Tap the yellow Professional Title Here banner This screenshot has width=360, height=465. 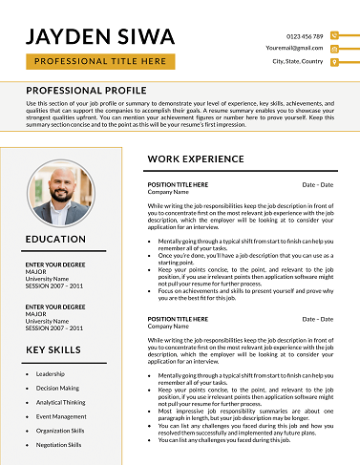tap(100, 61)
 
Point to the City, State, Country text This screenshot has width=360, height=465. tap(298, 60)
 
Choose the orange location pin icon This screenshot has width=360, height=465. tap(333, 60)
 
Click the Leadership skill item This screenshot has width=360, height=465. tap(51, 373)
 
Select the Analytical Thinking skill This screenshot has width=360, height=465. tap(60, 402)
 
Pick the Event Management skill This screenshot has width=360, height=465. tap(61, 416)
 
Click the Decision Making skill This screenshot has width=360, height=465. tap(57, 388)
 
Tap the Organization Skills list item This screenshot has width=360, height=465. tap(60, 430)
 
